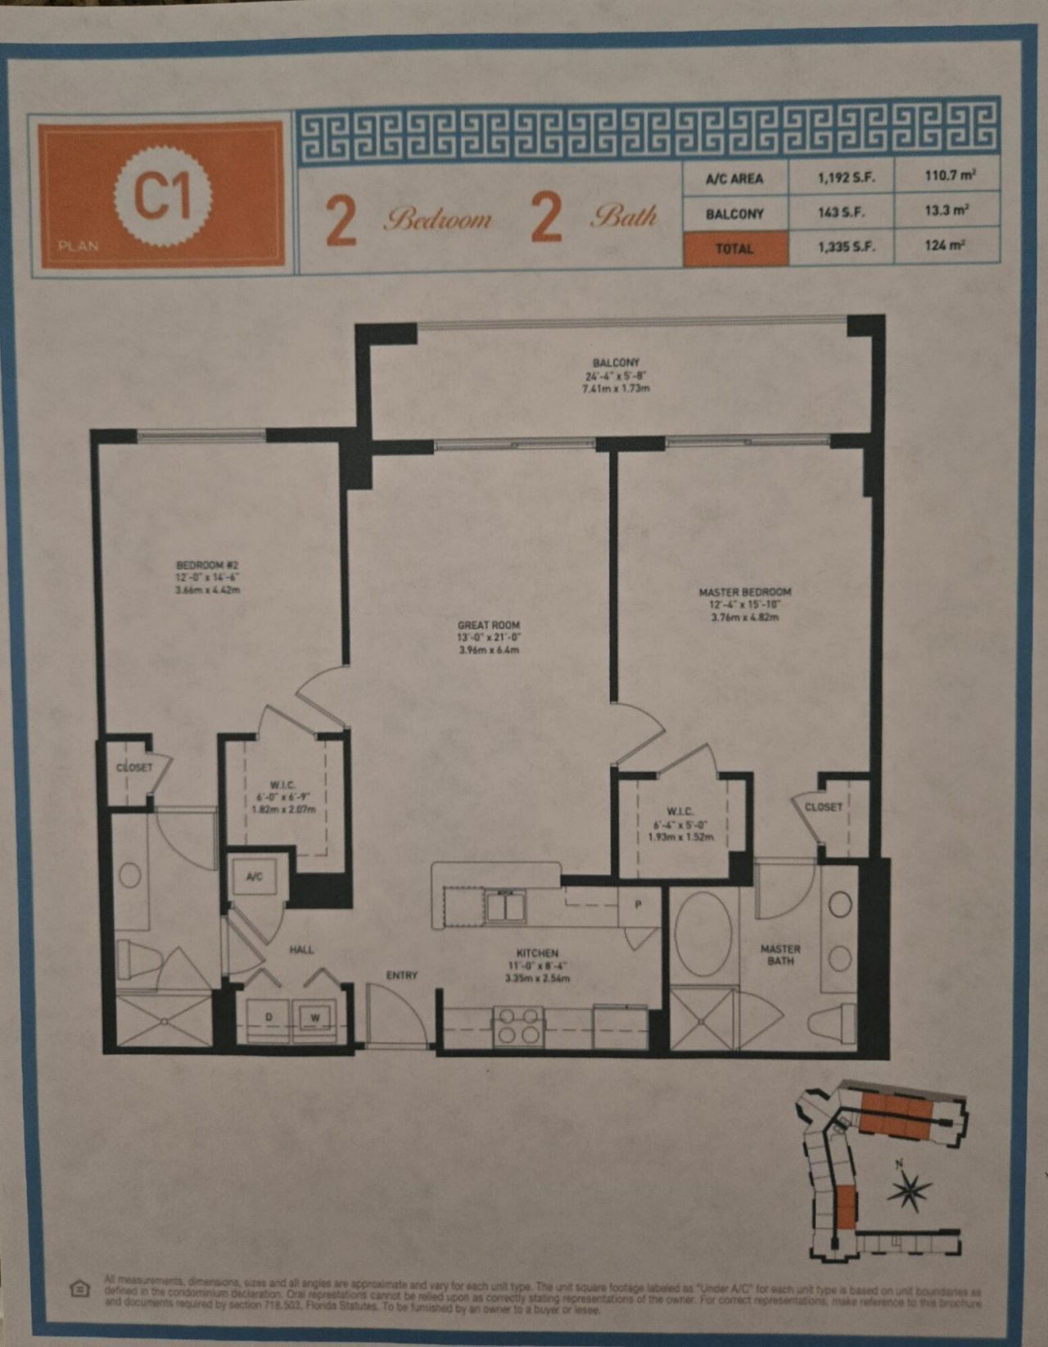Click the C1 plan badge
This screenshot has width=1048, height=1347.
pos(163,195)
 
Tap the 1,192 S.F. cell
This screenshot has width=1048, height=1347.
pos(841,178)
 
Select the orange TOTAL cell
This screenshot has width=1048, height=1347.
pos(734,247)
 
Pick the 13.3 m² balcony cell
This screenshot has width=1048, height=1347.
pos(946,210)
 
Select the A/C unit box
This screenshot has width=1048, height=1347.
pos(255,877)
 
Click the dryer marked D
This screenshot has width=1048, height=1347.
pos(269,1018)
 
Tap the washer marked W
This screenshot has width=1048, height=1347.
pos(315,1018)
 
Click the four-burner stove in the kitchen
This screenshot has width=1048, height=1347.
pos(518,1026)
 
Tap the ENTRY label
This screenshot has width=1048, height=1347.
pos(401,975)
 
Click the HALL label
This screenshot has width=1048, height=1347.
pos(301,950)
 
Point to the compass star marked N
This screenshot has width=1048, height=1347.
pos(909,1191)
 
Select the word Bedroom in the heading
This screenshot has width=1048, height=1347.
pos(440,219)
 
